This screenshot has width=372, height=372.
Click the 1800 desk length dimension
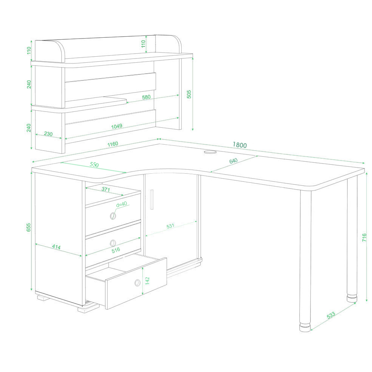(x=239, y=145)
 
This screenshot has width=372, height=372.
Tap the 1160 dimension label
(x=113, y=144)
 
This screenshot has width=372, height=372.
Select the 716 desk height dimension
(x=364, y=238)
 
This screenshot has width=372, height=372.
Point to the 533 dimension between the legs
(x=331, y=315)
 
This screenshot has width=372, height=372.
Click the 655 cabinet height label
(x=28, y=227)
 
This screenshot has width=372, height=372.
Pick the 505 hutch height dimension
(x=189, y=94)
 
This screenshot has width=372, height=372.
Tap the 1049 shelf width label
(x=117, y=126)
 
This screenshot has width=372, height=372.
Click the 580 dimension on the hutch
(x=147, y=97)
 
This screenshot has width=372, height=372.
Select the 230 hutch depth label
(x=48, y=134)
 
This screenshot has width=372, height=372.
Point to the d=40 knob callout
(x=122, y=204)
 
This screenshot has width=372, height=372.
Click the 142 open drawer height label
(x=147, y=281)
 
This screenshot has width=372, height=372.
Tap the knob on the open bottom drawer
(x=137, y=283)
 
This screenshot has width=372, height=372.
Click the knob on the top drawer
(x=113, y=216)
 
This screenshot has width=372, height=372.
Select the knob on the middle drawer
(x=113, y=243)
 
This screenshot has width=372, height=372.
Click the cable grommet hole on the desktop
(x=210, y=151)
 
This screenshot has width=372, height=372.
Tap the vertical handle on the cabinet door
(x=151, y=199)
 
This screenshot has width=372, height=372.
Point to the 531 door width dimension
(x=170, y=226)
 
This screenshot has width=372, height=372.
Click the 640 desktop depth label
(x=233, y=161)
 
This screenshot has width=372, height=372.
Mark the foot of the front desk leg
(x=305, y=327)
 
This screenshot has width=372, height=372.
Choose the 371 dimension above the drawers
(x=106, y=189)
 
